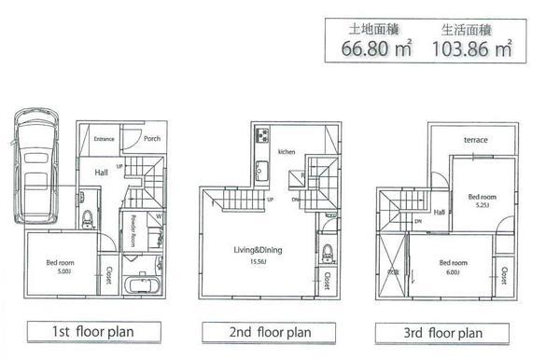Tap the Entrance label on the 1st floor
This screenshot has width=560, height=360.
tap(104, 139)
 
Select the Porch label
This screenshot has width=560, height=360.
tap(152, 139)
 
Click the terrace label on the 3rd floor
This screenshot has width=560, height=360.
tap(477, 140)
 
